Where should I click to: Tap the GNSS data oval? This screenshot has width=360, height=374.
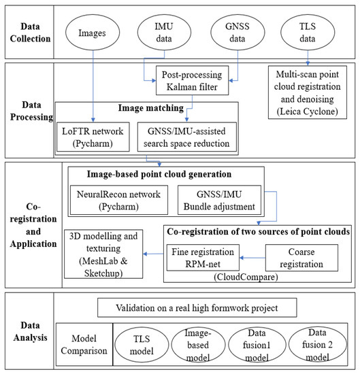tap(229, 33)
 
